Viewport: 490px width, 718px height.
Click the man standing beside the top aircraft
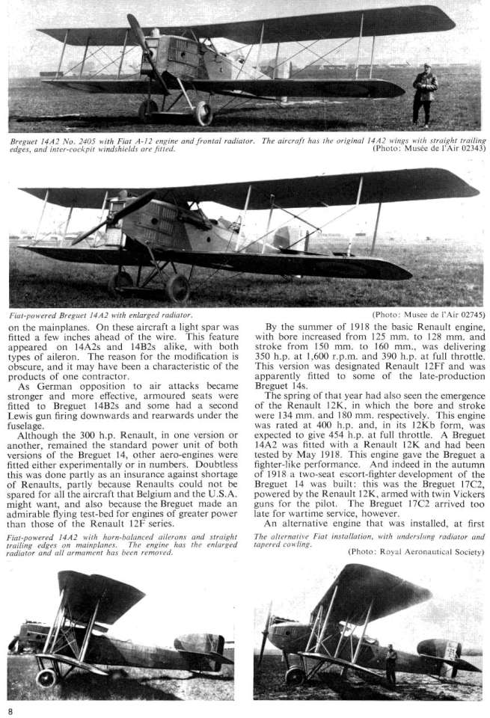click(425, 94)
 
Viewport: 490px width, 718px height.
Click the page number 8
click(10, 708)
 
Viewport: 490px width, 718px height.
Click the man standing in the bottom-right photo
click(391, 665)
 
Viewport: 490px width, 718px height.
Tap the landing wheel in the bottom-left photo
click(46, 678)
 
